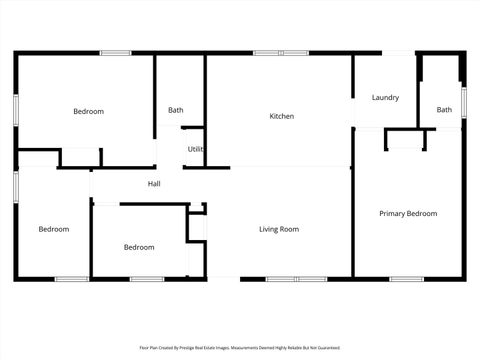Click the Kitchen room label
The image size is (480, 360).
282,117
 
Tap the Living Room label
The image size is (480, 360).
279,230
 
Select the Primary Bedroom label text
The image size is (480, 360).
408,213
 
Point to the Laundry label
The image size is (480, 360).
385,98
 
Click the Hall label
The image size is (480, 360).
154,184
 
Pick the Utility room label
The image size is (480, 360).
196,149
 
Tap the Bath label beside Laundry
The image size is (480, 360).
443,110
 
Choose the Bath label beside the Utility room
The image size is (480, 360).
176,110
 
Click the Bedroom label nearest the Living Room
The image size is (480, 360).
139,247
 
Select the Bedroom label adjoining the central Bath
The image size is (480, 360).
88,112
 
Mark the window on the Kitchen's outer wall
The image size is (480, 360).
267,53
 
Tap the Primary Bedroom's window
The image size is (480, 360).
406,279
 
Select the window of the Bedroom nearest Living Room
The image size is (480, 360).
147,279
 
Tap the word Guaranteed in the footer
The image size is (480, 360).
325,348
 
